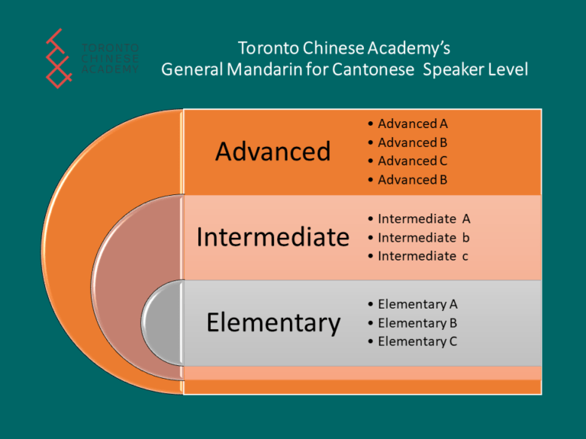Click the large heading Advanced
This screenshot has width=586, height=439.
(x=273, y=151)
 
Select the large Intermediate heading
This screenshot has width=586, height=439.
(x=273, y=237)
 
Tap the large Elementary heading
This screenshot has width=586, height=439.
(x=274, y=323)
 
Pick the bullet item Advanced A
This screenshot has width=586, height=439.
(x=413, y=123)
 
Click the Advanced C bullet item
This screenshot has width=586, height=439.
(x=413, y=161)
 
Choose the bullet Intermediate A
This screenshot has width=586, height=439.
(x=423, y=219)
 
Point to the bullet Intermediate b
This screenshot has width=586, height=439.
(x=423, y=238)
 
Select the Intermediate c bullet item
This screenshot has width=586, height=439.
(x=423, y=256)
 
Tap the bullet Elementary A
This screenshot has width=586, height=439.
(x=417, y=305)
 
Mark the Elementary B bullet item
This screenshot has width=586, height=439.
(x=417, y=323)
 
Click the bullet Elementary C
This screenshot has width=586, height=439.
(x=417, y=342)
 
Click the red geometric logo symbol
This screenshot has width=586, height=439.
(x=59, y=59)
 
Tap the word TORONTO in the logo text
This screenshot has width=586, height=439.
(x=110, y=48)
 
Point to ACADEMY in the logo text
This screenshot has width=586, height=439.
(x=110, y=69)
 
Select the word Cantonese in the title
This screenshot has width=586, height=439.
(x=373, y=69)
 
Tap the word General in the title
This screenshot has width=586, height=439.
(x=192, y=69)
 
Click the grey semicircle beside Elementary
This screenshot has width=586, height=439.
(x=163, y=323)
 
